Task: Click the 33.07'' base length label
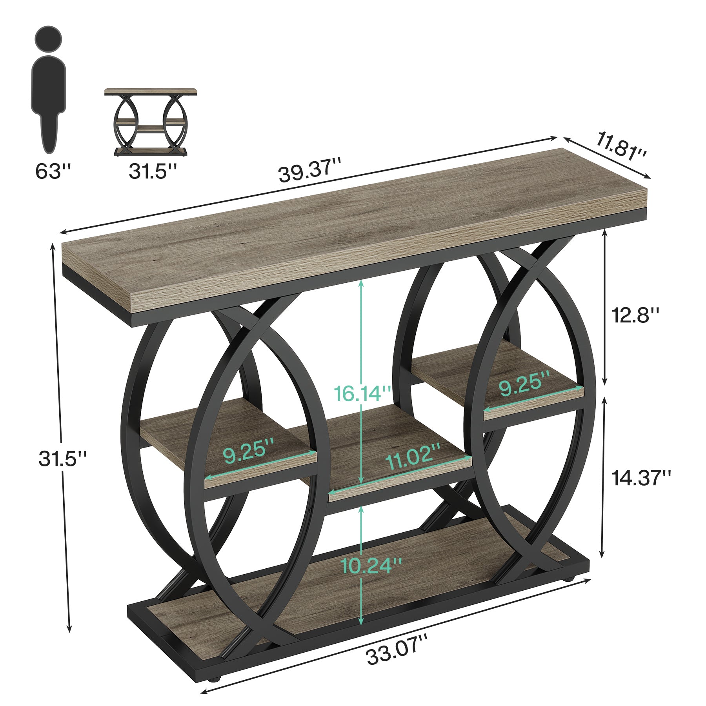[x=397, y=653]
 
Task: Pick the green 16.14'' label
[x=363, y=393]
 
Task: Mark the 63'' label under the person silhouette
[x=53, y=171]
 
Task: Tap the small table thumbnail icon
[x=151, y=122]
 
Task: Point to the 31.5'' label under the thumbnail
[x=153, y=171]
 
